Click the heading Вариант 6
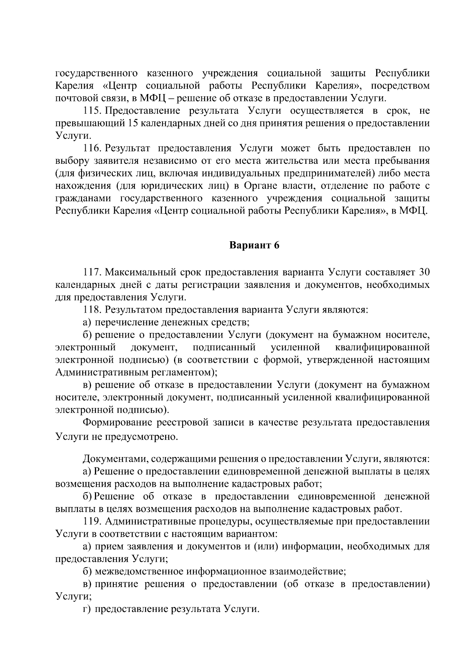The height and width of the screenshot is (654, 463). coord(254,245)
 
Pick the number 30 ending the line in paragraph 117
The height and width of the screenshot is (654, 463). coord(424,272)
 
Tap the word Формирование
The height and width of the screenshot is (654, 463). coord(117,422)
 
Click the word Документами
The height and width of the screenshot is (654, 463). coord(114,459)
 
